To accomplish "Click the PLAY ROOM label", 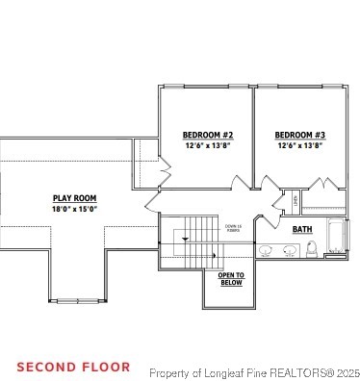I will [x=74, y=198].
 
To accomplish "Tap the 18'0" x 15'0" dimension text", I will [x=74, y=209].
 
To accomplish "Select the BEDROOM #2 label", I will [x=208, y=135].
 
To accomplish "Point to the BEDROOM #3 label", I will [x=299, y=135].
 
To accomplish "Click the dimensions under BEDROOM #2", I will [x=208, y=145].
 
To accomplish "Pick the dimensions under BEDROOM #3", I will [x=299, y=145].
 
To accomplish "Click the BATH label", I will [x=301, y=229].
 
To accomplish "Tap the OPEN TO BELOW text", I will [x=231, y=279].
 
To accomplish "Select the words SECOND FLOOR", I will [x=73, y=367].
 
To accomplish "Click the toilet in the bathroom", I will [x=311, y=250].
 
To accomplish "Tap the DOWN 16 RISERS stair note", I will [x=233, y=229].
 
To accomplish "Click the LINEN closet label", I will [x=295, y=202].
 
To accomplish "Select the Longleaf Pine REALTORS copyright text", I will [x=254, y=372].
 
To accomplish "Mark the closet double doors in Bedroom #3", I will [x=321, y=184].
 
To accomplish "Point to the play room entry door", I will [x=154, y=203].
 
